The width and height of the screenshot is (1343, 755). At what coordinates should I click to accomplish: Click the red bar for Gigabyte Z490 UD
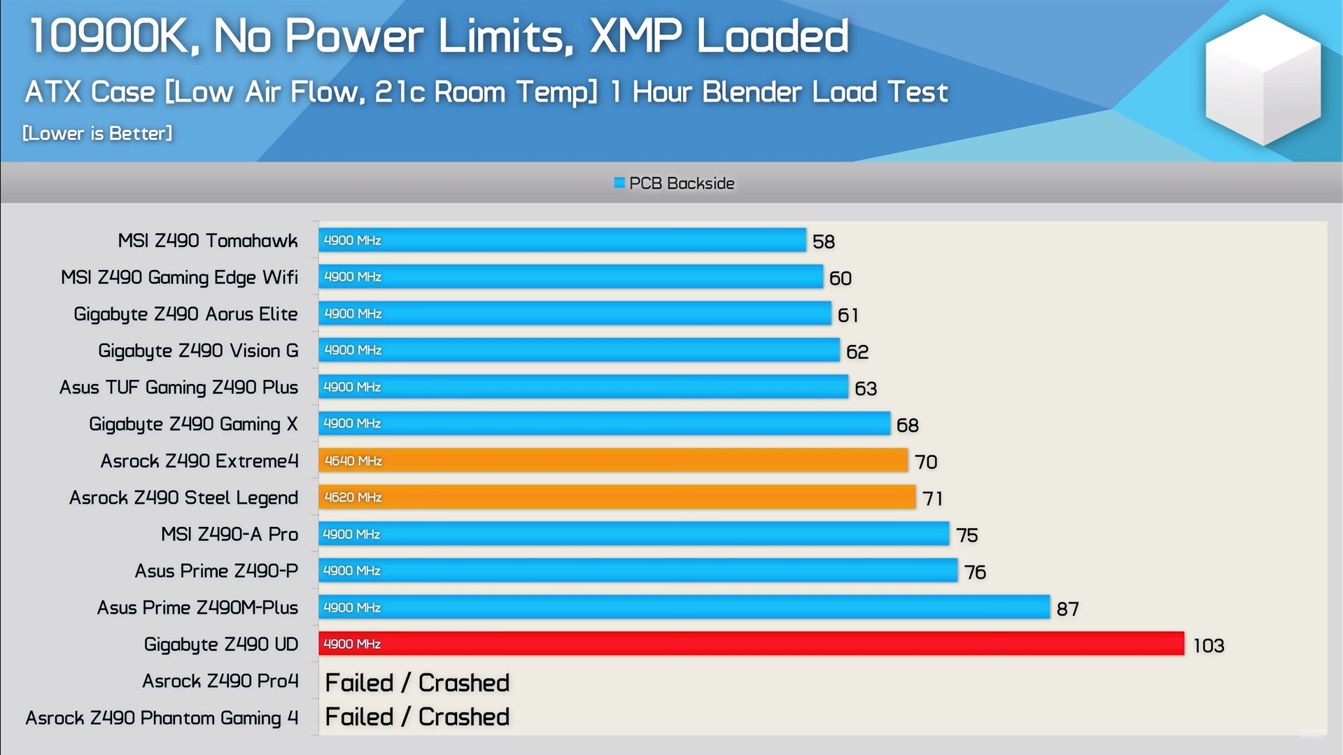point(751,644)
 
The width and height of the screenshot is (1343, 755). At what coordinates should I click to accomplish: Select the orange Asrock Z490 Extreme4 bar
point(613,460)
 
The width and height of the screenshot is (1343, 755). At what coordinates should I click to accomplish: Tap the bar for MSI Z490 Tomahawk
point(562,240)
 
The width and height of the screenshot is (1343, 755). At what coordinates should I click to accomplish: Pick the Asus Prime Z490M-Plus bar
point(684,607)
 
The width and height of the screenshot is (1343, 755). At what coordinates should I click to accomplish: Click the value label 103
point(1209,645)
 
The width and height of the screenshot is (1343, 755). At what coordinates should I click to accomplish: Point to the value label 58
point(824,241)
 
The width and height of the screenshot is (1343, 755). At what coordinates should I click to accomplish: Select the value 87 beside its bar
point(1067,609)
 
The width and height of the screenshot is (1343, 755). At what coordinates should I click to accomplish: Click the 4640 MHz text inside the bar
point(353,461)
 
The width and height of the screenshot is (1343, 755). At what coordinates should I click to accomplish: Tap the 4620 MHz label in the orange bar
point(353,498)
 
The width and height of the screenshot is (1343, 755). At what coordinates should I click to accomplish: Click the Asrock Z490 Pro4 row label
point(220,681)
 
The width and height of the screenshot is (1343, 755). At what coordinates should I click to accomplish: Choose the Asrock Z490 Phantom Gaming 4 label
point(162,718)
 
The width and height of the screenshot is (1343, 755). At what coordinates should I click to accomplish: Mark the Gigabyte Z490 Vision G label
point(198,351)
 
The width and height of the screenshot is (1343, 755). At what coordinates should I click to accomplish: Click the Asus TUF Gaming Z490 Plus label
point(178,387)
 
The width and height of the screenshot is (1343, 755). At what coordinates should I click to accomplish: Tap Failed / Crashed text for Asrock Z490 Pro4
point(417,682)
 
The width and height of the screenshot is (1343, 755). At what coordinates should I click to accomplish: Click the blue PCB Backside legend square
point(619,183)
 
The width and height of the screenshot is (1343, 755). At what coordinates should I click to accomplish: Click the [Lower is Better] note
point(97,133)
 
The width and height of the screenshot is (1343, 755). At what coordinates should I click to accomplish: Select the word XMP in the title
point(635,36)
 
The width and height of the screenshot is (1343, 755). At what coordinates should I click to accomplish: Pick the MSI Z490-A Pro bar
point(633,534)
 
